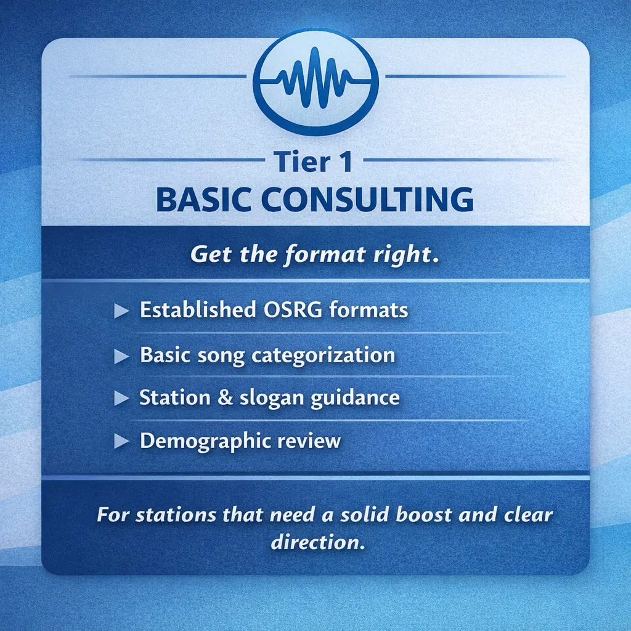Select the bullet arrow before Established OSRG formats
(121, 311)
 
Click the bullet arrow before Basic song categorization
(121, 356)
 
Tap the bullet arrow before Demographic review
(121, 442)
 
